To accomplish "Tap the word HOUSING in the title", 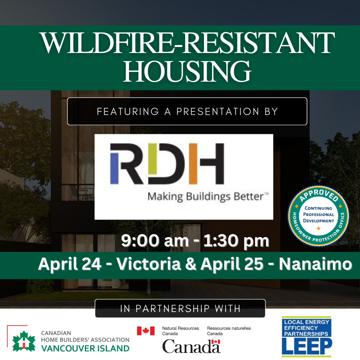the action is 187,71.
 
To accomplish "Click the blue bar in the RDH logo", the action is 114,168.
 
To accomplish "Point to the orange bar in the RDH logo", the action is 193,164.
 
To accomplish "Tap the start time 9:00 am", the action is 155,241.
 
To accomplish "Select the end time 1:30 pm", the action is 236,241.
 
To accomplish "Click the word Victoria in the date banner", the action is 149,264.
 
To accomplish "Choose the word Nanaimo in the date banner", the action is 315,264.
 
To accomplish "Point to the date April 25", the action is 232,264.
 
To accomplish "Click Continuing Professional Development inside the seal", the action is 318,214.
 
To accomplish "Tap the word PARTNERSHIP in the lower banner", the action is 173,309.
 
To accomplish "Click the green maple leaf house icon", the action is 24,341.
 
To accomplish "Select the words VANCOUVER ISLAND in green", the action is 85,348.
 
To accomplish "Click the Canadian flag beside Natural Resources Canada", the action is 146,331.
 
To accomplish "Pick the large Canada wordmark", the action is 191,346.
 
